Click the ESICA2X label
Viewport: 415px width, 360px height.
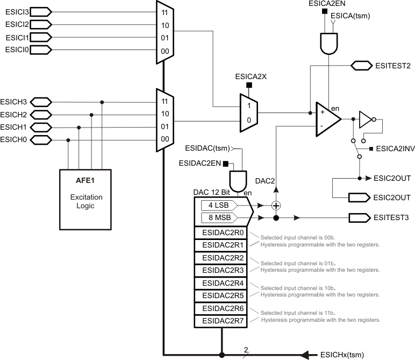point(251,77)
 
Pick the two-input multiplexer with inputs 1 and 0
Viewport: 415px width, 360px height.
point(248,113)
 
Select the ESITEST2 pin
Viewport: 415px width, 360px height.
point(361,66)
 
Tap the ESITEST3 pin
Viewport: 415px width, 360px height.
point(361,218)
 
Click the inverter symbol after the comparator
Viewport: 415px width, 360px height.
point(366,118)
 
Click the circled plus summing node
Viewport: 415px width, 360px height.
point(276,205)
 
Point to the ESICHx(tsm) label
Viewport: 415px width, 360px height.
point(341,355)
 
